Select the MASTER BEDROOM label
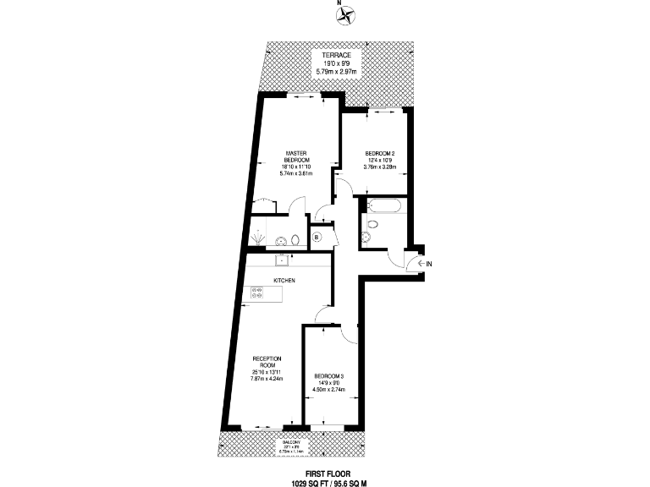point(296,156)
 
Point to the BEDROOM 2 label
point(380,153)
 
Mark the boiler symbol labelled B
point(317,238)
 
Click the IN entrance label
point(429,265)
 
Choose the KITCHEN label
point(284,280)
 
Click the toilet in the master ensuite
point(292,238)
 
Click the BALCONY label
point(290,440)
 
